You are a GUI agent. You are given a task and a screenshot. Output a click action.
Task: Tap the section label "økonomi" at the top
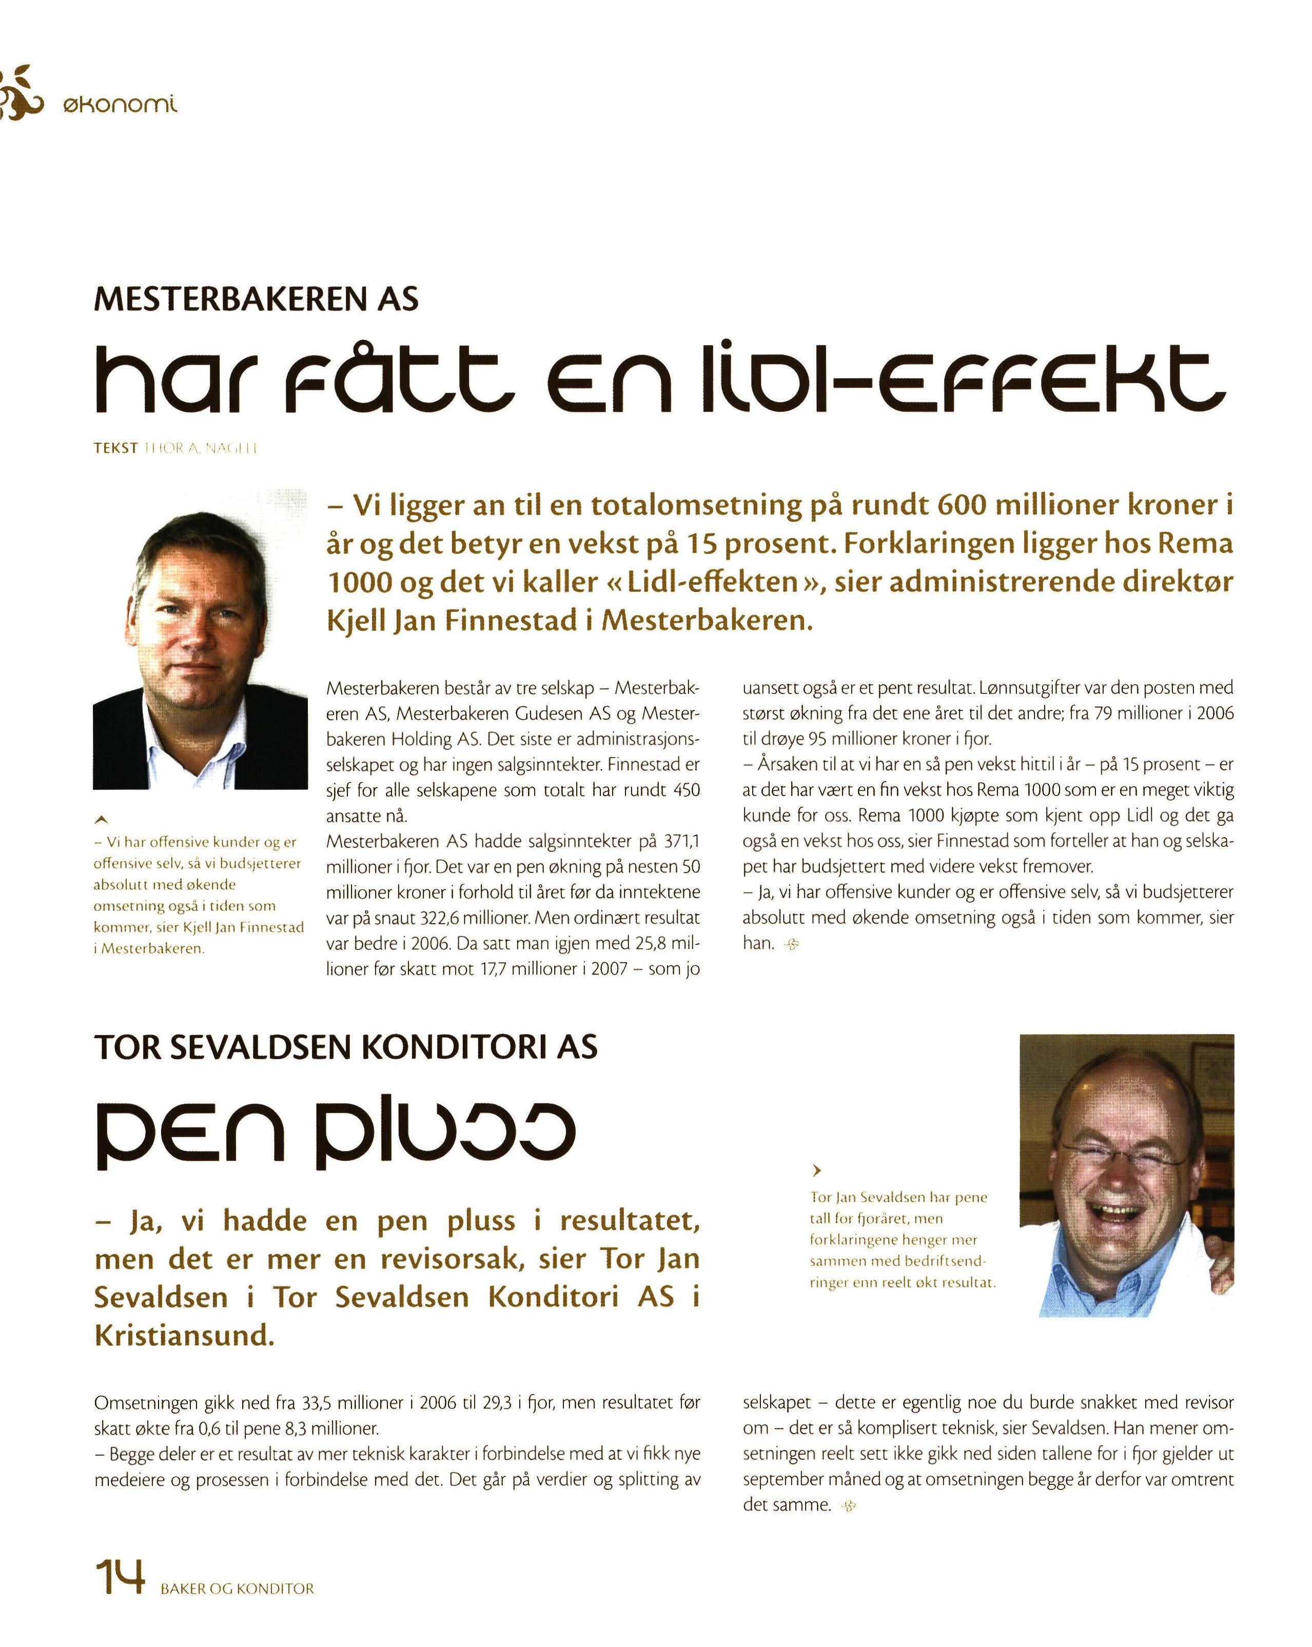point(120,103)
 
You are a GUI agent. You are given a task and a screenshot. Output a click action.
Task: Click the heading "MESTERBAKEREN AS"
point(256,299)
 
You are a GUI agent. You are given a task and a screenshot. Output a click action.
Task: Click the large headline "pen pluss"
point(335,1135)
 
